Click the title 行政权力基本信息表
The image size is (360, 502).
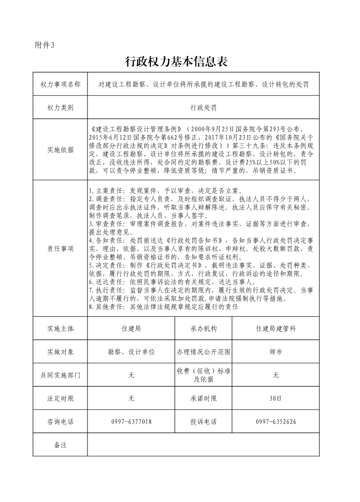[x=175, y=62]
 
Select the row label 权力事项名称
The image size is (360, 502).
[x=60, y=84]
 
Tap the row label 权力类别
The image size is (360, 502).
[x=60, y=108]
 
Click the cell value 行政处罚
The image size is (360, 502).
[x=204, y=108]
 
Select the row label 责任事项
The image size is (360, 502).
[x=60, y=248]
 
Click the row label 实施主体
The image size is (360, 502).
[x=60, y=329]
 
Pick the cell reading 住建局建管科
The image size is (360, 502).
[x=276, y=329]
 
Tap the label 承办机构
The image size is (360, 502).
[x=204, y=329]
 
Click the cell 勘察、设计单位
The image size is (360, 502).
[x=131, y=352]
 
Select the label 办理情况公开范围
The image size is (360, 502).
[x=204, y=352]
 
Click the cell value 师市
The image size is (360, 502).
[x=276, y=352]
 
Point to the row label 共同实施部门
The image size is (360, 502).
[x=60, y=375]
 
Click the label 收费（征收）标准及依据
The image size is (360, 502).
[x=204, y=375]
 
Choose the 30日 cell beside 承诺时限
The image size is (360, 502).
[x=276, y=399]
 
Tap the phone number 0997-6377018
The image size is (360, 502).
[x=131, y=422]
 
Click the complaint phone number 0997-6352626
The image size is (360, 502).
[x=276, y=422]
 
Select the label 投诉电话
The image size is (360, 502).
[x=204, y=422]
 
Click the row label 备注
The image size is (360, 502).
[x=60, y=445]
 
